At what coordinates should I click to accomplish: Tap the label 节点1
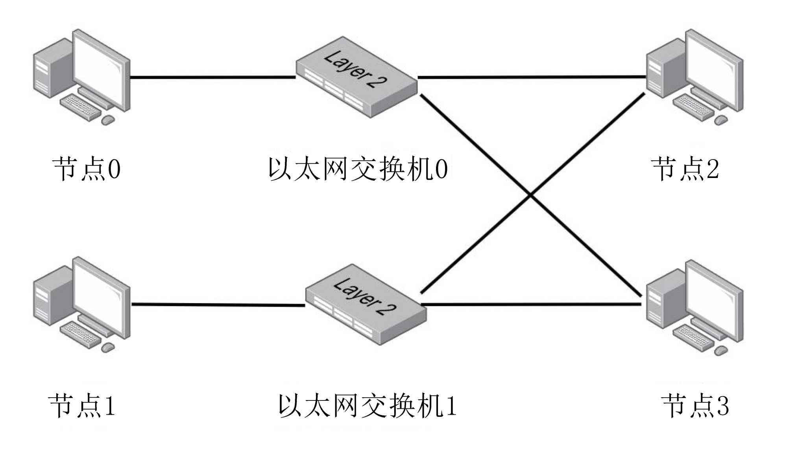click(82, 406)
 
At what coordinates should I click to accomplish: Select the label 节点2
click(685, 169)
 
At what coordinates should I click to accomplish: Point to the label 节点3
click(695, 406)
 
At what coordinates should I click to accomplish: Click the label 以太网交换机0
click(358, 169)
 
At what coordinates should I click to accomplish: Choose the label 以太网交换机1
click(367, 406)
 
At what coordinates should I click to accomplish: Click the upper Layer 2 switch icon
click(356, 77)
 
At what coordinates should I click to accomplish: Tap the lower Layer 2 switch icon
click(366, 304)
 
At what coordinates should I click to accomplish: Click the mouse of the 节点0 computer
click(108, 120)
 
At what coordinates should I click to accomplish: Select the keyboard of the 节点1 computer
click(80, 334)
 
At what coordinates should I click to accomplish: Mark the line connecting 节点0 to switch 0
click(212, 77)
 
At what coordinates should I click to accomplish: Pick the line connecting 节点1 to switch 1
click(218, 304)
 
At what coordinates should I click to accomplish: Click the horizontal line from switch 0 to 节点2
click(531, 77)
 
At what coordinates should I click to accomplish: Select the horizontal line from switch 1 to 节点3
click(531, 304)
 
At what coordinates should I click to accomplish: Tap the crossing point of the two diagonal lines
click(531, 194)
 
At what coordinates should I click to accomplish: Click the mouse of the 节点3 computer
click(721, 350)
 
